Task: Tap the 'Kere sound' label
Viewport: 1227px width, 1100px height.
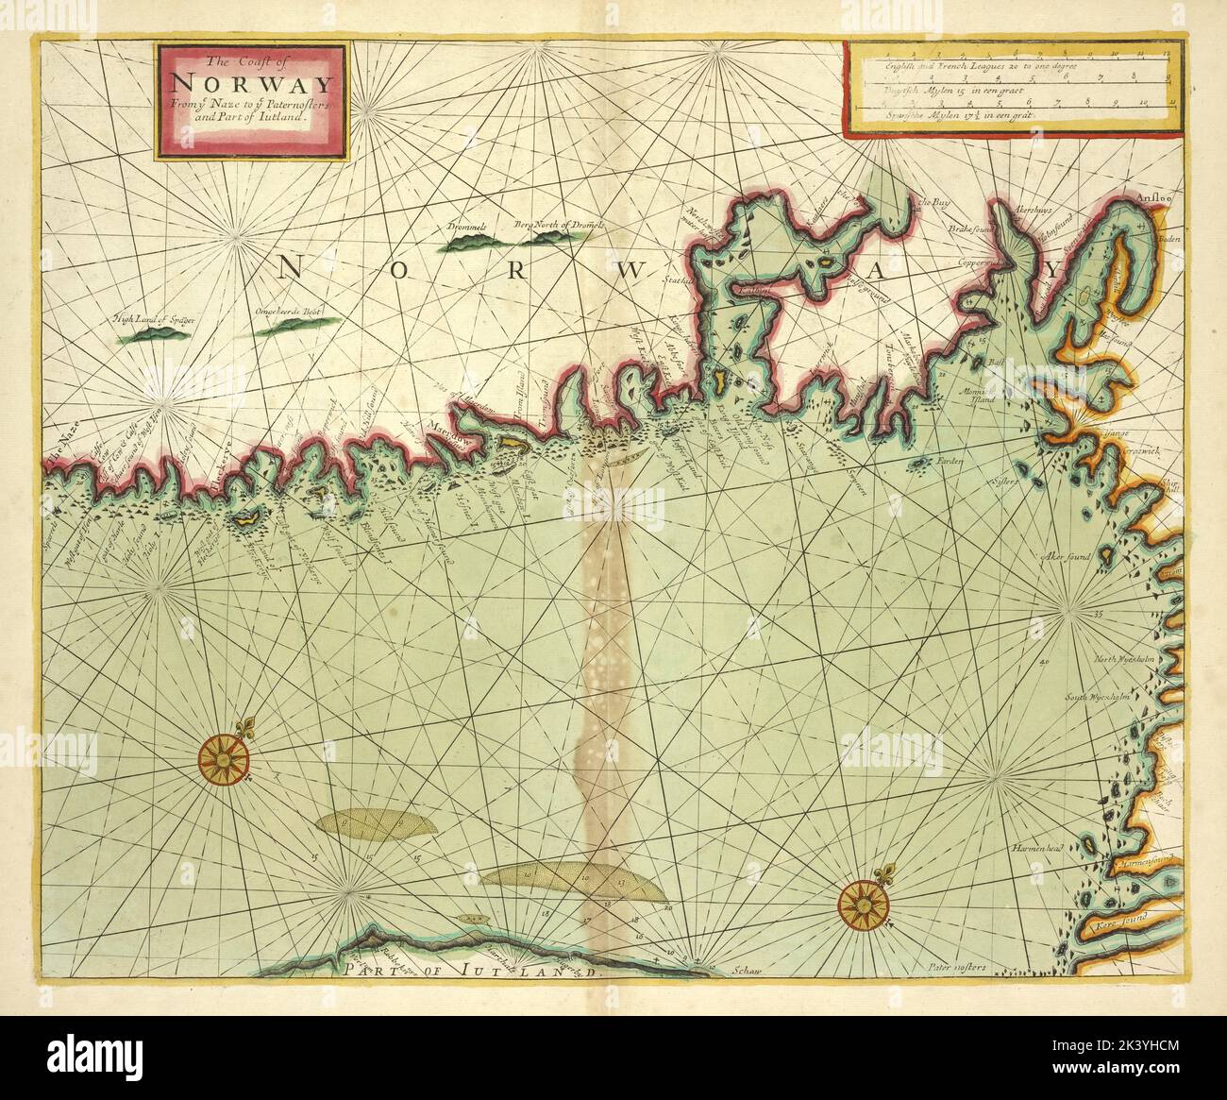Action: point(1119,927)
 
